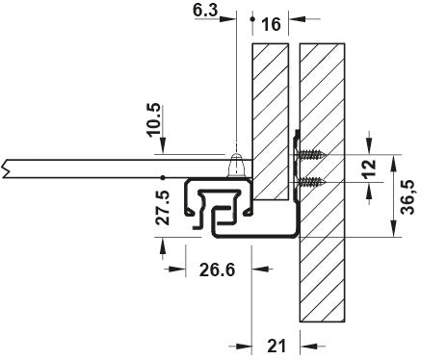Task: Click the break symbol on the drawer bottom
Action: point(8,167)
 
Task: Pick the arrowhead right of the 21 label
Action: point(306,345)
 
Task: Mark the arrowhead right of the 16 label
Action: point(294,18)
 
